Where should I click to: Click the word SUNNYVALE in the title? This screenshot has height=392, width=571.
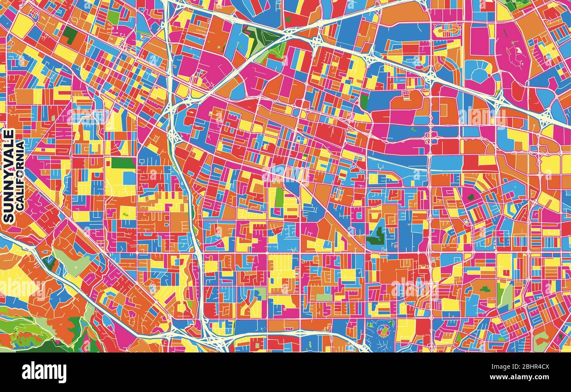point(8,176)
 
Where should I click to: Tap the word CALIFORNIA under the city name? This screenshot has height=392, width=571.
point(20,176)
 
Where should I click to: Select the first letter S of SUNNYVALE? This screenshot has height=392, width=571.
point(8,218)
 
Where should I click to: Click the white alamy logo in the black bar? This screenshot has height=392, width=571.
point(44,372)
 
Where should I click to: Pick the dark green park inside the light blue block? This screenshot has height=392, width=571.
point(376,237)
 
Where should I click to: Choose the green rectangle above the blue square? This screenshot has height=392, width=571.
point(123,163)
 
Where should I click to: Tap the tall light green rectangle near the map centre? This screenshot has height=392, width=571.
point(279,197)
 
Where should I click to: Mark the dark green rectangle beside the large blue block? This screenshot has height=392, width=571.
point(364,102)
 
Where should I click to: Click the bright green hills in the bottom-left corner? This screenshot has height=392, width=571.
point(26,336)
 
